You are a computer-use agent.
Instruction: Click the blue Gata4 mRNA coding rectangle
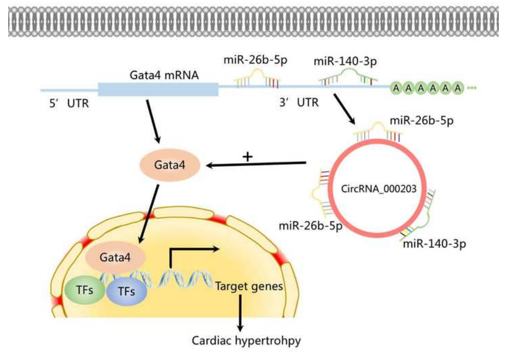click(157, 89)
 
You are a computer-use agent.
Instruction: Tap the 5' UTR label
click(66, 104)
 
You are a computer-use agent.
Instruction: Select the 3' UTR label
click(296, 102)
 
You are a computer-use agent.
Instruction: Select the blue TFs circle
click(127, 291)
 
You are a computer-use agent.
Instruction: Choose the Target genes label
click(249, 287)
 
